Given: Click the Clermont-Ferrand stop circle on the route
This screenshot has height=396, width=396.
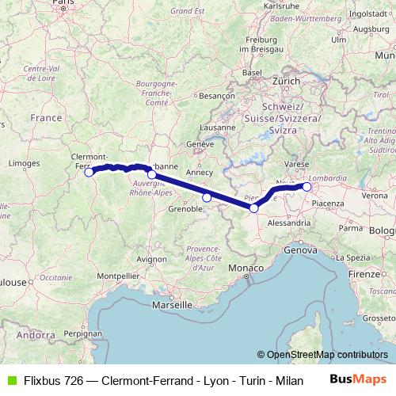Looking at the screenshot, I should pyautogui.click(x=89, y=171).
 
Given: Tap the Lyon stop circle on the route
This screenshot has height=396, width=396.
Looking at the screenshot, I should pyautogui.click(x=151, y=174).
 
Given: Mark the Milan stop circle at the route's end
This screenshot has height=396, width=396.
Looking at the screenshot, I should pyautogui.click(x=307, y=187).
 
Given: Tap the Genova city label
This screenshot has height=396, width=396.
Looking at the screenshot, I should pyautogui.click(x=300, y=249).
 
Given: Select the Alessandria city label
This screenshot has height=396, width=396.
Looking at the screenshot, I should pyautogui.click(x=289, y=223).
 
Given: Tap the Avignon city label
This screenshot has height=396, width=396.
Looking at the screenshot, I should pyautogui.click(x=151, y=259).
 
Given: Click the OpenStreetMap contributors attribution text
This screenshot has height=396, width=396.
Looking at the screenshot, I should pyautogui.click(x=327, y=355).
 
